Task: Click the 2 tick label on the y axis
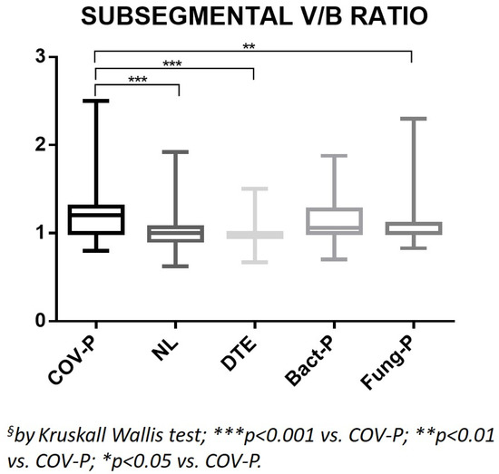(x=39, y=145)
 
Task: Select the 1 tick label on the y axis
(x=39, y=233)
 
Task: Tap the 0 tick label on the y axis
(x=39, y=321)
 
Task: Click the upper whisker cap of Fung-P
(x=412, y=119)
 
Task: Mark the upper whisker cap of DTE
(x=255, y=189)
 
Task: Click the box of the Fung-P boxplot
(x=412, y=228)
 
